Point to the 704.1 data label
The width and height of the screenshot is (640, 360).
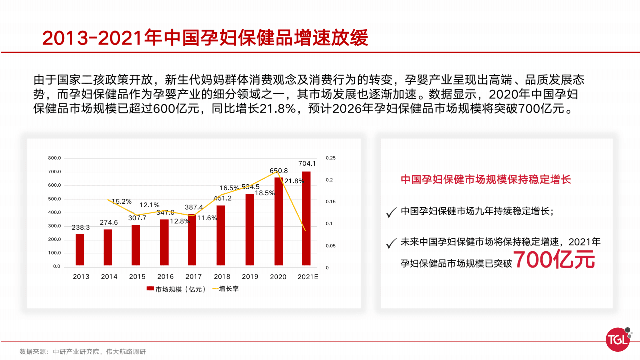coord(307,163)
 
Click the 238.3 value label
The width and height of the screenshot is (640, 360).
coord(81,227)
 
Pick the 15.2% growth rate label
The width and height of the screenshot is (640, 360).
coord(121,201)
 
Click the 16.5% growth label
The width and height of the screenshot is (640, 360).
coord(229,188)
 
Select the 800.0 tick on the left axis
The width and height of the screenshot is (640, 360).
coord(54,158)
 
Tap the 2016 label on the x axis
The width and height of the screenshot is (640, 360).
coord(165,276)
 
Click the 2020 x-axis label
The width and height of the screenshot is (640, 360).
coord(278,276)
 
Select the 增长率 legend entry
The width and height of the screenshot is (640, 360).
coord(225,289)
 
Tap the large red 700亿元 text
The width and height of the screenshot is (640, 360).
coord(554,260)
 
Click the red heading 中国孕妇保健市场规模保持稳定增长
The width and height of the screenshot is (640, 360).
coord(486,179)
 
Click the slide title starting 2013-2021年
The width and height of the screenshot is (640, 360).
coord(205,38)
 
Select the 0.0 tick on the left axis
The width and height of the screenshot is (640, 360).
coord(56,266)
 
